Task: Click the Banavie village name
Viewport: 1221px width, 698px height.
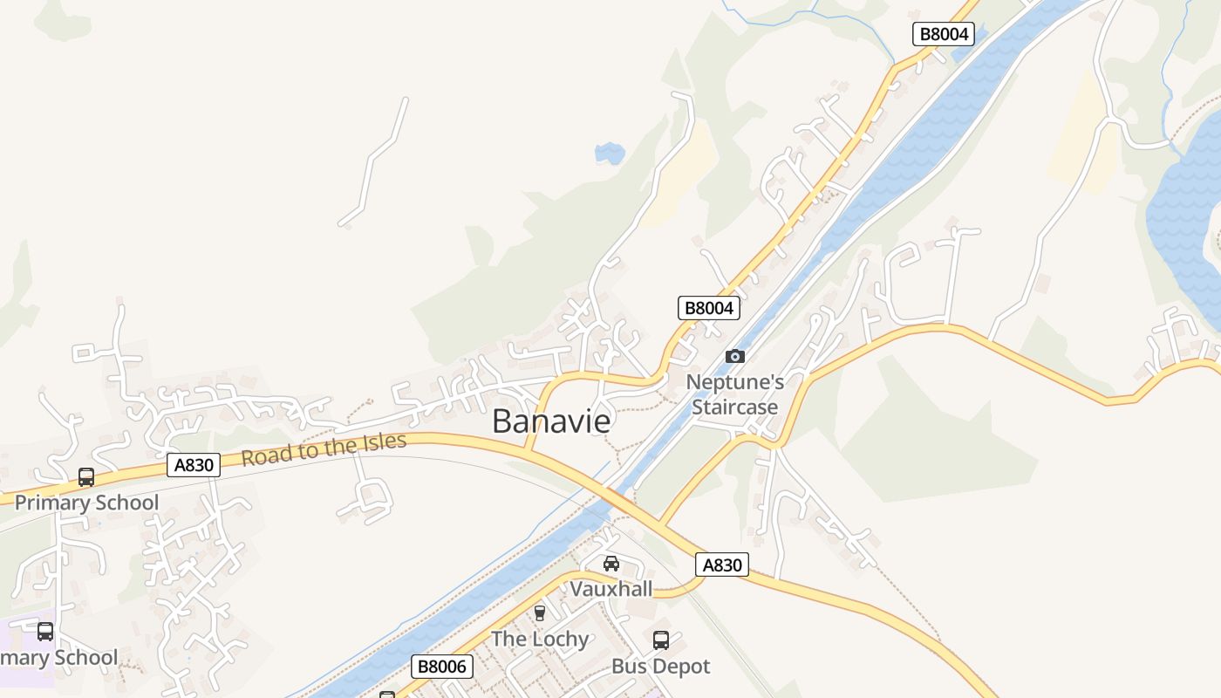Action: tap(551, 421)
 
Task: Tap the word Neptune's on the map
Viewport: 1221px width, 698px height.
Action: tap(734, 382)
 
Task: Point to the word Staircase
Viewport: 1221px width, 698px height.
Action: tap(734, 407)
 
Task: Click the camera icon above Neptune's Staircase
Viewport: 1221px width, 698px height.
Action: tap(735, 356)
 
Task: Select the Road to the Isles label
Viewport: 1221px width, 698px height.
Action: tap(324, 448)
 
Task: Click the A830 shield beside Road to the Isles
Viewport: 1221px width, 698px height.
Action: tap(194, 465)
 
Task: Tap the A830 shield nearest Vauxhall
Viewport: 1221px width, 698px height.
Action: tap(722, 565)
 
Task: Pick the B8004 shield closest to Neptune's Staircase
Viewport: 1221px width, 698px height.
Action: tap(709, 307)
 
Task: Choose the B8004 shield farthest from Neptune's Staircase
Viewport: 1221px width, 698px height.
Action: tap(943, 34)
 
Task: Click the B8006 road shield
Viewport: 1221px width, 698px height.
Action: tap(442, 667)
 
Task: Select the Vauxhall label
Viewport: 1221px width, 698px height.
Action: tap(611, 589)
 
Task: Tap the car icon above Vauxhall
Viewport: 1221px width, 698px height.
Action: tap(611, 564)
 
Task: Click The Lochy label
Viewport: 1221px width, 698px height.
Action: tap(540, 639)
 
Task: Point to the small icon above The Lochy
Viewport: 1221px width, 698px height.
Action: tap(540, 612)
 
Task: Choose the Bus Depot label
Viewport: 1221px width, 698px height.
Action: tap(660, 667)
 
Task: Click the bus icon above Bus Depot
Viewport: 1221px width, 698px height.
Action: tap(661, 640)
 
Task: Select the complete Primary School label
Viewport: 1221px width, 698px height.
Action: tap(86, 503)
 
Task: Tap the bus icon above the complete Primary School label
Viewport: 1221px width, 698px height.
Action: tap(86, 477)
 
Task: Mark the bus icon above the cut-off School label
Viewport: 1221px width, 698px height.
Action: tap(45, 632)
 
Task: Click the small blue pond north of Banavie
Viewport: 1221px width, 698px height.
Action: tap(610, 154)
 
